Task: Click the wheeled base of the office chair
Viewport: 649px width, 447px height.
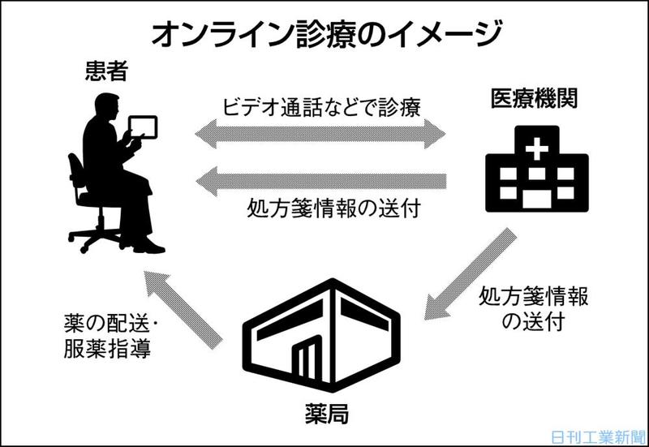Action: (x=97, y=236)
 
